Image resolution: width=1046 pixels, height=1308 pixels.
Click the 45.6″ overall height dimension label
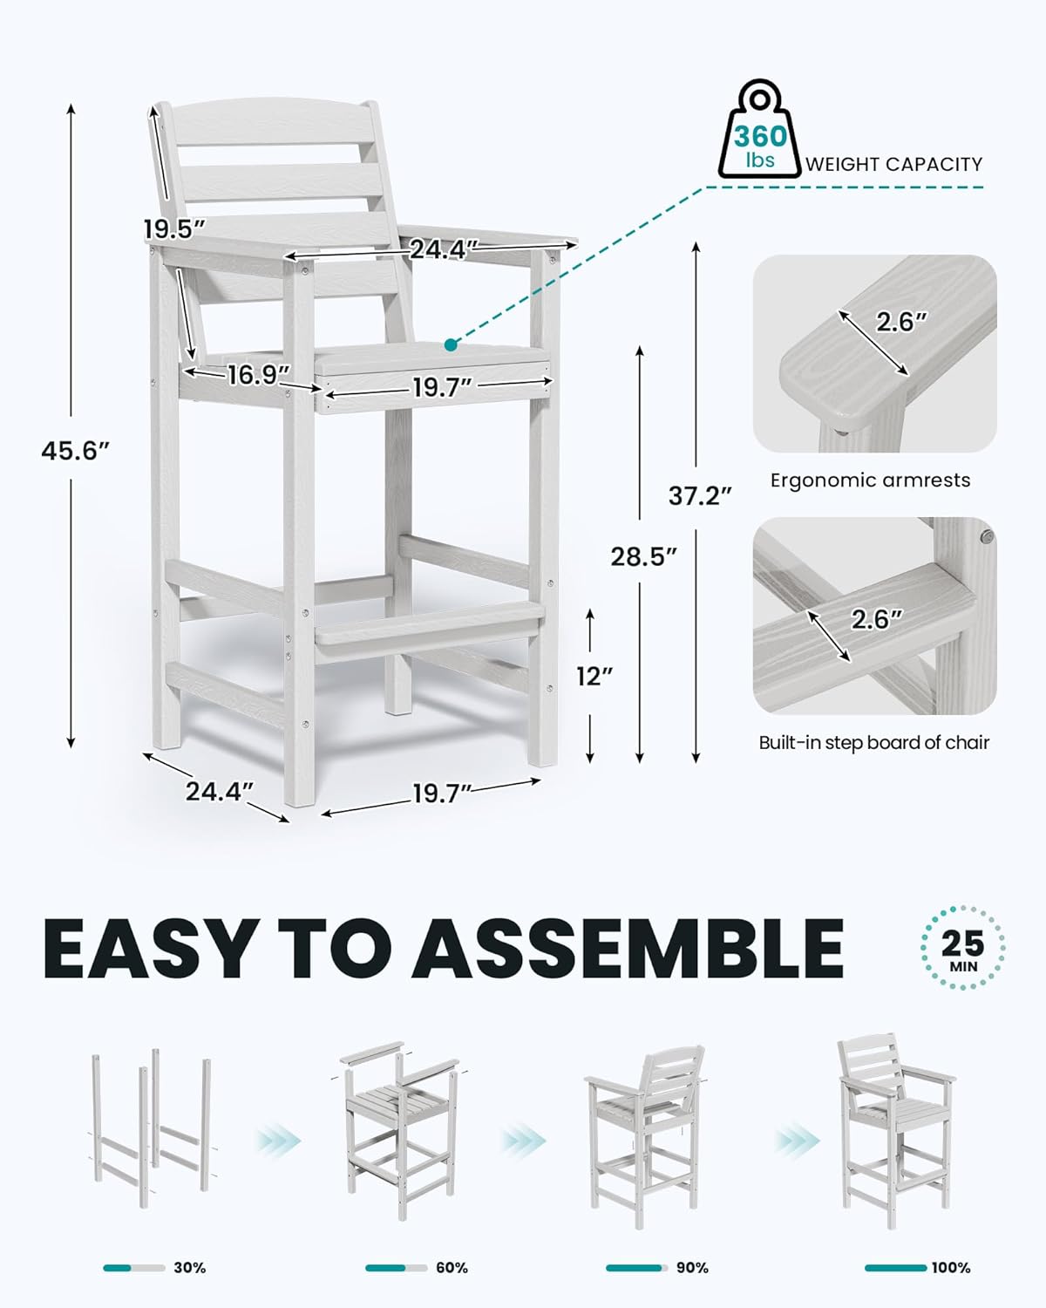click(x=75, y=451)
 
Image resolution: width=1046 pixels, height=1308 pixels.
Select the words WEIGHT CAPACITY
click(x=894, y=164)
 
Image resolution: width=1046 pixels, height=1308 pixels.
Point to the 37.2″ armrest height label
click(x=700, y=496)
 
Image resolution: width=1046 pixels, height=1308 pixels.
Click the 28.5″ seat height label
click(x=643, y=556)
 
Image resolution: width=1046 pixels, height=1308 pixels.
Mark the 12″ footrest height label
click(x=595, y=676)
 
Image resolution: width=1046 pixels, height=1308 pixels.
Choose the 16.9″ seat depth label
click(x=259, y=375)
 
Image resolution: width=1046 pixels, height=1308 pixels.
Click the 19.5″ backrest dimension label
click(x=174, y=229)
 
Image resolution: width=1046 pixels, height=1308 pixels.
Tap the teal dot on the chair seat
click(x=451, y=344)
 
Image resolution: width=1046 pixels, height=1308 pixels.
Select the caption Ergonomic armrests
click(x=870, y=480)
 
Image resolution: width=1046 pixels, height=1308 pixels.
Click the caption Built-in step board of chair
click(x=874, y=742)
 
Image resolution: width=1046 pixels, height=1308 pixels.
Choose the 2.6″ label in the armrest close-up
click(x=901, y=322)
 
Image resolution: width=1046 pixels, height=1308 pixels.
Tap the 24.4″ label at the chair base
click(x=219, y=792)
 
